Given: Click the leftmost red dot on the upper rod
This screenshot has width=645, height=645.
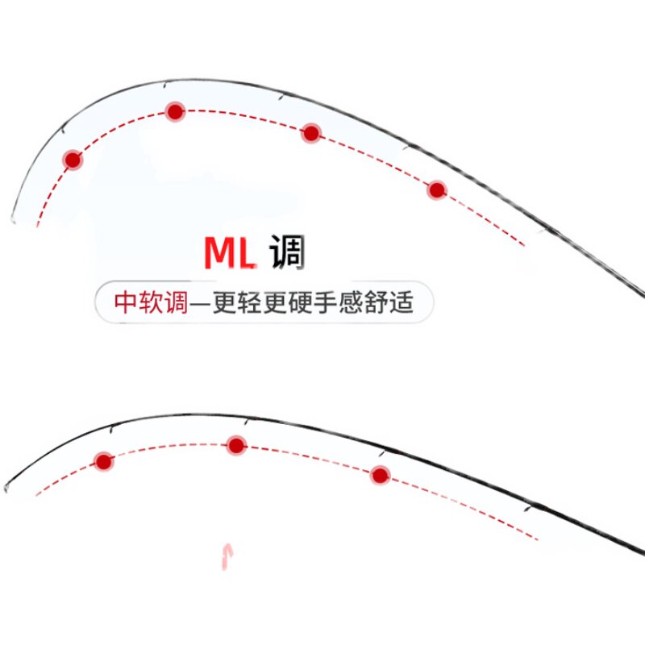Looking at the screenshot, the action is click(73, 160).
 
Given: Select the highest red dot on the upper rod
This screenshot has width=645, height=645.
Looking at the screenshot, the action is click(175, 111).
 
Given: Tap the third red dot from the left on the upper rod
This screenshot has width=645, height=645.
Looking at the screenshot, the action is click(311, 134).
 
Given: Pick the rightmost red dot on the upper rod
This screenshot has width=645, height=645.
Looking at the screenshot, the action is click(437, 190).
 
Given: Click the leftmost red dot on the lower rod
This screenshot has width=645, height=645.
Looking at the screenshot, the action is click(103, 461).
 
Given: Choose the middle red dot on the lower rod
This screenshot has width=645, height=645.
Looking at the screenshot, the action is click(235, 445).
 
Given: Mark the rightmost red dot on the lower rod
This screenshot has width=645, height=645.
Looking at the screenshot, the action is click(380, 476).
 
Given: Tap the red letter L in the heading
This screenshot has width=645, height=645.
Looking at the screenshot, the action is click(247, 253).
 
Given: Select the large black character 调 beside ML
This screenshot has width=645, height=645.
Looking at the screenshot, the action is click(287, 252).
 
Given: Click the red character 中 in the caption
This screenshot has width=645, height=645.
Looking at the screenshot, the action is click(127, 304).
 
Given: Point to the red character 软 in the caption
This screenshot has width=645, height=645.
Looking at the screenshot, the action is click(152, 304).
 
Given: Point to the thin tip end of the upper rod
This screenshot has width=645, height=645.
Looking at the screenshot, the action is click(14, 218).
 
